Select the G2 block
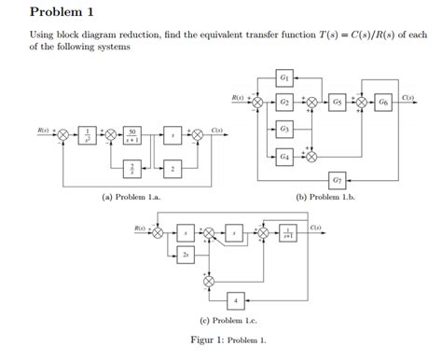(x=286, y=101)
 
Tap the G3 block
(x=286, y=127)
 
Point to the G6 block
(x=384, y=101)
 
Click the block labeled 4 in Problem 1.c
(x=237, y=299)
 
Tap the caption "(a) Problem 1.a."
(x=128, y=197)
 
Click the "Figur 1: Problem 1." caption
(x=222, y=340)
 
